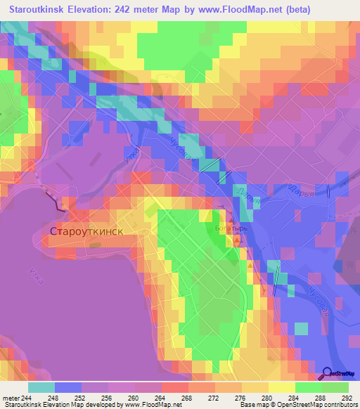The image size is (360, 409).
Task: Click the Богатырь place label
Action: click(x=226, y=228)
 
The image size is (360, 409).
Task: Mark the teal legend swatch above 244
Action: click(x=41, y=387)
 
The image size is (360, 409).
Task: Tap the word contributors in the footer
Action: click(x=337, y=405)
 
